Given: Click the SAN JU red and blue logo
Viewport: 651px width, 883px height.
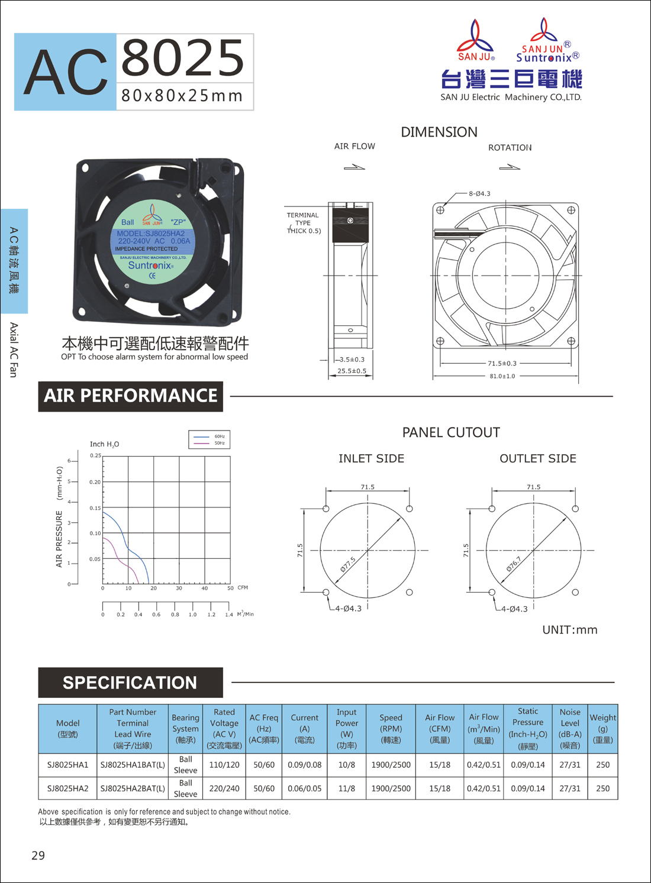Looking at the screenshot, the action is (476, 40).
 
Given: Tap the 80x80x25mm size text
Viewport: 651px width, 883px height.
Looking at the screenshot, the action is (182, 96).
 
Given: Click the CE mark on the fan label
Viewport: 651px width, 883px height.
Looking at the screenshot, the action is (152, 276).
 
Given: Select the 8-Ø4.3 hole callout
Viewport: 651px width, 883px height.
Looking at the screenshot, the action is (479, 193).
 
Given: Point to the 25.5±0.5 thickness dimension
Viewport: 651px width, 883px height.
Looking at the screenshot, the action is (352, 371).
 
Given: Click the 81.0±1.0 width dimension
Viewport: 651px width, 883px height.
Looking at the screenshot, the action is (502, 376).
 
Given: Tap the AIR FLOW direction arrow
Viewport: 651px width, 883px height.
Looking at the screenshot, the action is (354, 167).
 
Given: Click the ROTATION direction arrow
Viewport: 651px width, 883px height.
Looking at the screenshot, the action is (510, 167).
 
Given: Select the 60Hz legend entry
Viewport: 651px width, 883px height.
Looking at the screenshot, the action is (209, 436).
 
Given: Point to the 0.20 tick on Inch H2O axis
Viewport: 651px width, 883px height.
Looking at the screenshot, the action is (95, 481).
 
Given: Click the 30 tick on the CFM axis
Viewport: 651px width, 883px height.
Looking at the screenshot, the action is (179, 588).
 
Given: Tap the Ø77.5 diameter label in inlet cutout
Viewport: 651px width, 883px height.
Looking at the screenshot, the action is (348, 564).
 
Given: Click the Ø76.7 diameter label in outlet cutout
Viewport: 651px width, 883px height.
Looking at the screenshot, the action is (514, 564).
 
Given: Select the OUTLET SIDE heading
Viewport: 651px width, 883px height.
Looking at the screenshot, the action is (538, 458).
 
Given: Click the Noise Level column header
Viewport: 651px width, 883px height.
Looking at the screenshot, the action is (570, 729).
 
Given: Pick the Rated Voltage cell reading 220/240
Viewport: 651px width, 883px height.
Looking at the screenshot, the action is (224, 788).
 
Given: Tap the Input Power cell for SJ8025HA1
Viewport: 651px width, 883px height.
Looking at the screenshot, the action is (346, 765).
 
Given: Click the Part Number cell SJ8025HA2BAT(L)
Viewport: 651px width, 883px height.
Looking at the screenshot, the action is (133, 788).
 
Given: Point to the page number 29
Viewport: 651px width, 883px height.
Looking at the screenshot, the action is (38, 855).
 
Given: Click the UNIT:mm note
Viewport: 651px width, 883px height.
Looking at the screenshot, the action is (570, 630).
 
